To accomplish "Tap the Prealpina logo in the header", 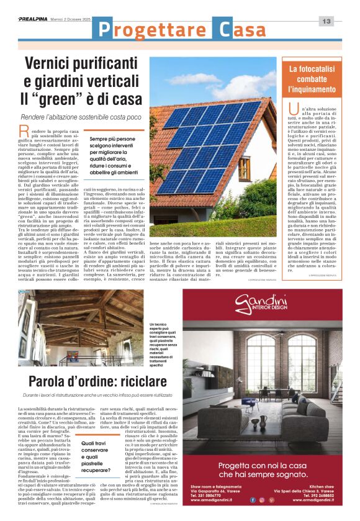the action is tap(36, 20).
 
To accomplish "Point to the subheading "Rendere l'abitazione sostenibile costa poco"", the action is tap(81, 117).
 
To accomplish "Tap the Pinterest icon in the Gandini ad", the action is tap(271, 499).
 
